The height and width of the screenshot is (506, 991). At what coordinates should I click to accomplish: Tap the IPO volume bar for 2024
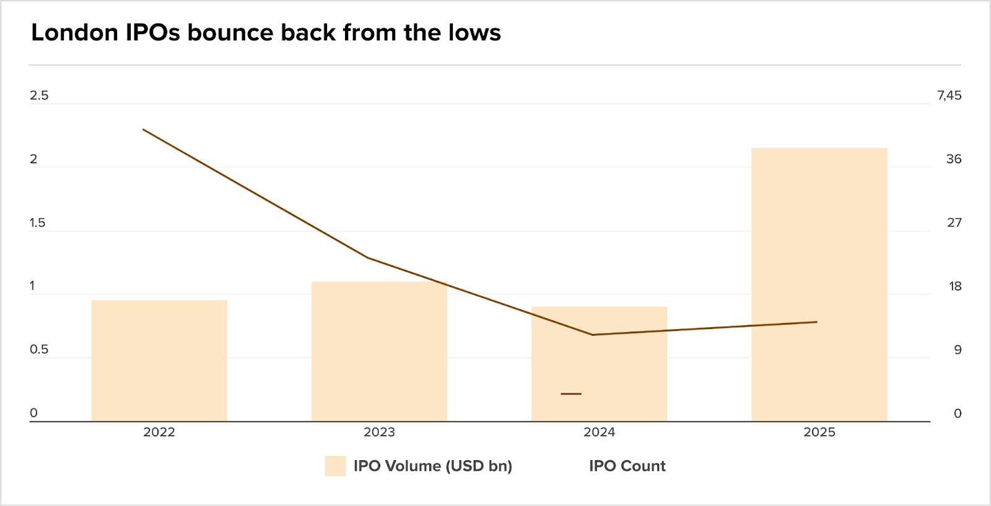tap(599, 371)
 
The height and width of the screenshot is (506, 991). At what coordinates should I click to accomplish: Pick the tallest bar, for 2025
tap(819, 285)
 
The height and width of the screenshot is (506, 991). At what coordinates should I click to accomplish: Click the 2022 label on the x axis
tap(159, 432)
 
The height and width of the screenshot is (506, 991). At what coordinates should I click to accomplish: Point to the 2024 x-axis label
tap(599, 432)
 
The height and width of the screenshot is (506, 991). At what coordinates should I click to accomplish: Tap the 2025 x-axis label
tap(819, 432)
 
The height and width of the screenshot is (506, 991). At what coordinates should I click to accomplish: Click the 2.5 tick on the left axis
tap(39, 95)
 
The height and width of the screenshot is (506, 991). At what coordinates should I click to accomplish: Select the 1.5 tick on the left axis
tap(37, 223)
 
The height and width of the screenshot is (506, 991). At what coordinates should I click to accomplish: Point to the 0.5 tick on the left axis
tap(39, 349)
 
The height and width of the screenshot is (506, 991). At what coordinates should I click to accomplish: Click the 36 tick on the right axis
tap(954, 159)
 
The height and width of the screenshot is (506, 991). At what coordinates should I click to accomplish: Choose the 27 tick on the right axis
tap(954, 223)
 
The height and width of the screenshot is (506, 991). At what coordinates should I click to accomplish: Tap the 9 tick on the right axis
tap(958, 350)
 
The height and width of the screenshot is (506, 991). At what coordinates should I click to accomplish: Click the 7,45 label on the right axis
tap(950, 95)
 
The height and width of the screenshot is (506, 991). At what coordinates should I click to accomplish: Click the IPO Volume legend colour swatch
tap(335, 466)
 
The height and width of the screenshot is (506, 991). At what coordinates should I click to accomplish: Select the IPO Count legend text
tap(627, 466)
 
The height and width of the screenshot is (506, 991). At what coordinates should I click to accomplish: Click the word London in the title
tap(74, 33)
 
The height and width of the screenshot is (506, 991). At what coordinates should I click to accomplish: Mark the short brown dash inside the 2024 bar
tap(571, 393)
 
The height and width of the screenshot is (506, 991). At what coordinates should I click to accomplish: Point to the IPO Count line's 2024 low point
tap(593, 335)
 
